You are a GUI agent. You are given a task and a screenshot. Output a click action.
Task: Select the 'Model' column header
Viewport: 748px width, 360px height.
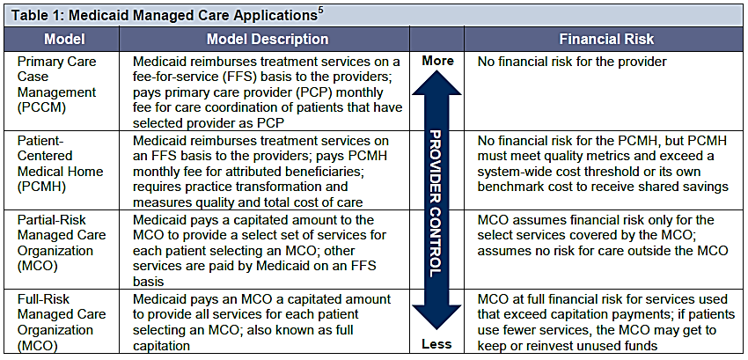point(65,40)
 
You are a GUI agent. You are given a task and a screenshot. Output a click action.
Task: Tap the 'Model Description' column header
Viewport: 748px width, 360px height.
point(268,40)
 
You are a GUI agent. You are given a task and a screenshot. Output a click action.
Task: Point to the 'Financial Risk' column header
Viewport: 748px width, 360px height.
point(606,40)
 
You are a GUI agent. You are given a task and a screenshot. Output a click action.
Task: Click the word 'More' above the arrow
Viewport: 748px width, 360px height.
point(437,62)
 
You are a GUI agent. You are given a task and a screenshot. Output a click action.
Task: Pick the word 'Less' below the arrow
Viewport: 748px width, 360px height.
point(436,344)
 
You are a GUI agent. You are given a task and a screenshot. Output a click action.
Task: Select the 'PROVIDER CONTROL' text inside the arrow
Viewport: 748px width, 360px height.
point(436,202)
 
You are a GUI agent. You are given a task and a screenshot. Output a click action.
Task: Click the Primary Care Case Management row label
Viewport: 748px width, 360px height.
point(57,84)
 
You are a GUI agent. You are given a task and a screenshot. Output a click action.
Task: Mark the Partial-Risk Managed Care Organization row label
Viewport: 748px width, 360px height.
point(61,243)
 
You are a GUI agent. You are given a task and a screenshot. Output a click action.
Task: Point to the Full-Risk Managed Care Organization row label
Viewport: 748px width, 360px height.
point(61,322)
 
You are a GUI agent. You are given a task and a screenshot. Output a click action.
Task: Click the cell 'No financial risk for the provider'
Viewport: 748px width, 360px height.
point(573,62)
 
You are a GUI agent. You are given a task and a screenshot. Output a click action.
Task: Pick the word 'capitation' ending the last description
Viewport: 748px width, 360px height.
point(162,345)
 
